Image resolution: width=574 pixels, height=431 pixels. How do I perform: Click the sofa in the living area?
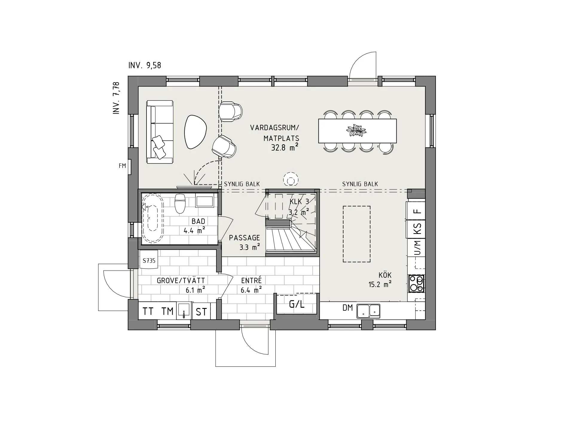coord(160,132)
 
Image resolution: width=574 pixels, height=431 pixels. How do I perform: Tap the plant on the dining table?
coord(356,131)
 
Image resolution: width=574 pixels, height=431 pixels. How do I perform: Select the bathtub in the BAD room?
coord(152,217)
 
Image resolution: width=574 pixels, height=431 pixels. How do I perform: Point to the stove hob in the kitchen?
coord(416,283)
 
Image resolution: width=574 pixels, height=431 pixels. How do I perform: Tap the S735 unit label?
coord(149,261)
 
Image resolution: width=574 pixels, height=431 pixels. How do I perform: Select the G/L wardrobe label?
coord(297,304)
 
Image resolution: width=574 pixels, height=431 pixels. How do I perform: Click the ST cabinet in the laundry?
coord(201,312)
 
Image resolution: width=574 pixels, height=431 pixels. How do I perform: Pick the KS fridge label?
coord(417,229)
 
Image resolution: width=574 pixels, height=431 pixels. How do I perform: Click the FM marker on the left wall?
coord(122,166)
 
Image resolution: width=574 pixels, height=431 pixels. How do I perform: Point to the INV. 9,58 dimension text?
coord(145,65)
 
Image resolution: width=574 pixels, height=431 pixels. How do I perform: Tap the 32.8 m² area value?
coord(284,148)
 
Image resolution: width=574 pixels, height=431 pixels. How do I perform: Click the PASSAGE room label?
coord(244,238)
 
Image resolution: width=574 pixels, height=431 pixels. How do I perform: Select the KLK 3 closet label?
coord(299,202)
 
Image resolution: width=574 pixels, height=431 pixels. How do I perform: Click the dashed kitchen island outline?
coord(356,234)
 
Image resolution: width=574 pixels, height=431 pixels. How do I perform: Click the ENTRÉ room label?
coord(251,280)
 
